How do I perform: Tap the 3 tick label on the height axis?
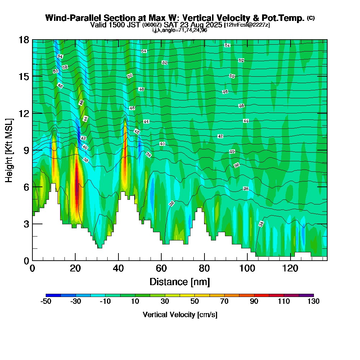point(26,224)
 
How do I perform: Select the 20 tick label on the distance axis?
point(75,268)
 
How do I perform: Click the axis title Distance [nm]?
point(180,281)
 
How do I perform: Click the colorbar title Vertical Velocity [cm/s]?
point(180,315)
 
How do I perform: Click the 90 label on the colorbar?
point(254,302)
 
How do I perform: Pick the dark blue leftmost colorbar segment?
point(53,295)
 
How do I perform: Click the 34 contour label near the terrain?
point(261,224)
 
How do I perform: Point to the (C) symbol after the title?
point(311,18)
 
